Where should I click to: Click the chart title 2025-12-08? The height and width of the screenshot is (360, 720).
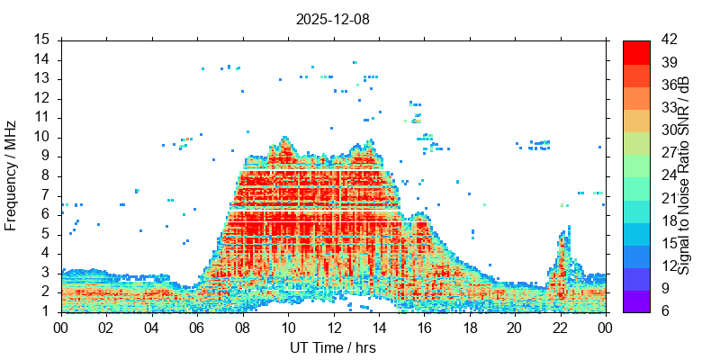(333, 18)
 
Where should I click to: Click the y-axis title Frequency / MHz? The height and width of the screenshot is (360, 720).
(12, 175)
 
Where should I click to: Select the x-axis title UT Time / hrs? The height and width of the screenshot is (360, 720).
(333, 347)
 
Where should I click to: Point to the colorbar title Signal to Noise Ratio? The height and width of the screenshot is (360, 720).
(684, 175)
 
